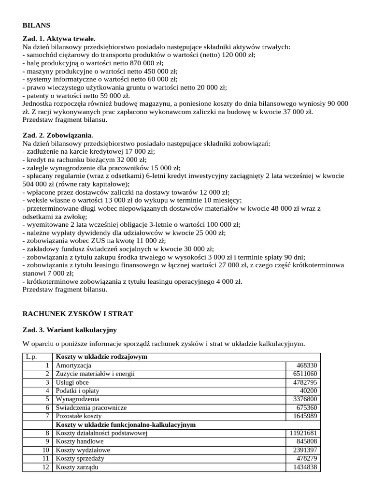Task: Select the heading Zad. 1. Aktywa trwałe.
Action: (x=59, y=39)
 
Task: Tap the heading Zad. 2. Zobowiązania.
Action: (x=58, y=136)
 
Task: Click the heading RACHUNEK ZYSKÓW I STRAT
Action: (x=78, y=314)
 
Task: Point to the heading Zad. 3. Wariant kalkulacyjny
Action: (x=70, y=330)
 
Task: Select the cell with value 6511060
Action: (x=304, y=374)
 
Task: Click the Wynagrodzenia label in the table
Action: (x=77, y=399)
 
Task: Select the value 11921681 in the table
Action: (x=302, y=433)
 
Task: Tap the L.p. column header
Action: (x=30, y=357)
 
